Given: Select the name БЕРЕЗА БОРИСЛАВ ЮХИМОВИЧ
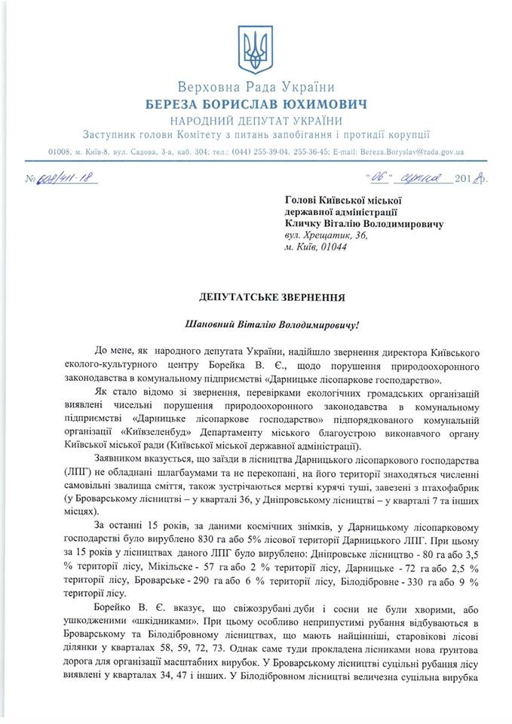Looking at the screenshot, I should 256,104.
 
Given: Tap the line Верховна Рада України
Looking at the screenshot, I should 256,87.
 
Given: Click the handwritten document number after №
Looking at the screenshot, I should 68,180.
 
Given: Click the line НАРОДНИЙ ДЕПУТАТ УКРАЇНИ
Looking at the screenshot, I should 256,121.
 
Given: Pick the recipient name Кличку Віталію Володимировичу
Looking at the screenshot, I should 364,223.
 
